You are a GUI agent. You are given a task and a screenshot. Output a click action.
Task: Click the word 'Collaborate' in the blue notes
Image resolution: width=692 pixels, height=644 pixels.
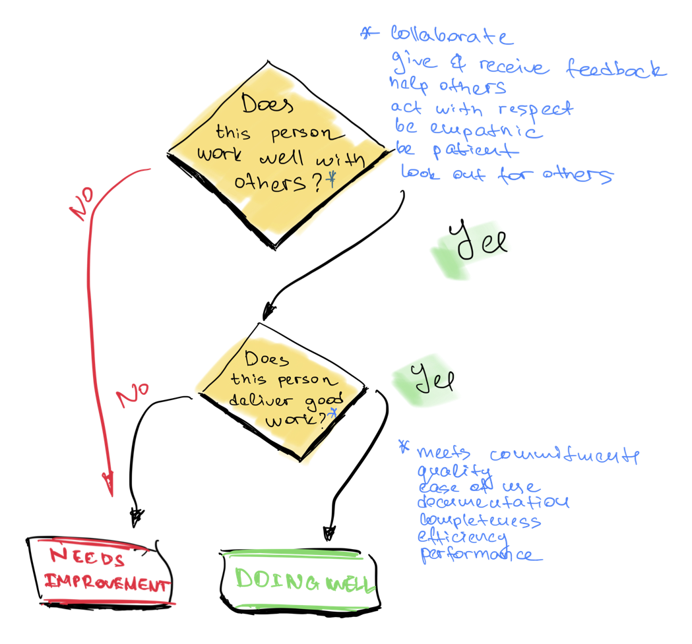452,36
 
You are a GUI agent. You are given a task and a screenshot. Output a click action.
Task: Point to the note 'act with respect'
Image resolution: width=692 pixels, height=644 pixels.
482,107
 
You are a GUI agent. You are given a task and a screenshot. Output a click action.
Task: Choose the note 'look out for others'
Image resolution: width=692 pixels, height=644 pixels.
507,175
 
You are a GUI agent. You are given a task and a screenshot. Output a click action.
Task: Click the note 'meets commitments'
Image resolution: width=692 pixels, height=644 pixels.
528,455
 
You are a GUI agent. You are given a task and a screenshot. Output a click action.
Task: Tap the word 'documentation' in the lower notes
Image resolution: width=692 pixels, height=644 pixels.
493,503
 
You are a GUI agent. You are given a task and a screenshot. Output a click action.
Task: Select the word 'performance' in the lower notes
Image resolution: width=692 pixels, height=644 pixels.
476,554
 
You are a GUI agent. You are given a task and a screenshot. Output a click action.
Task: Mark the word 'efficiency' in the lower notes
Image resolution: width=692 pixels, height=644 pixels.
462,537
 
